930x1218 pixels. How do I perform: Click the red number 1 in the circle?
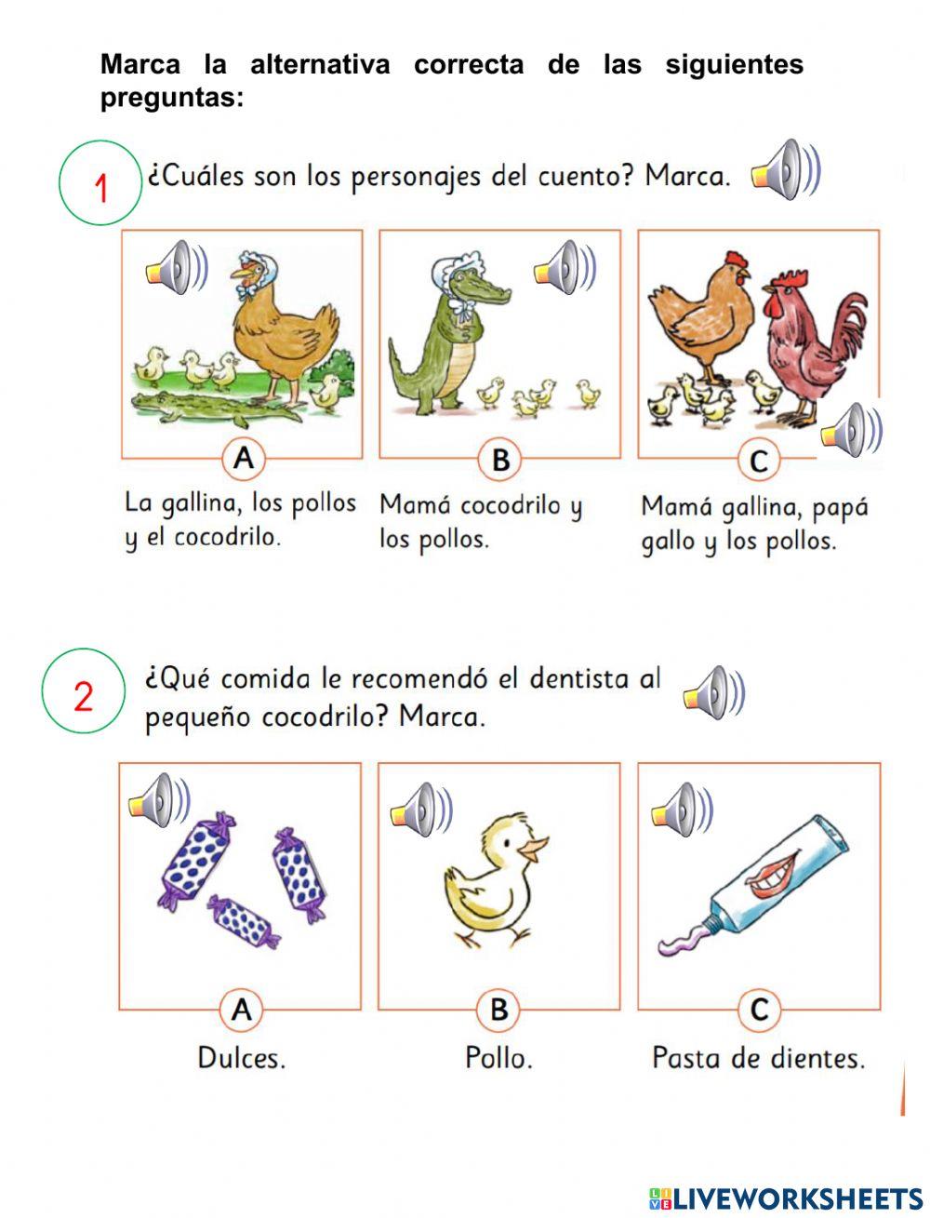[x=101, y=188]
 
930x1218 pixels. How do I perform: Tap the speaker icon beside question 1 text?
[x=784, y=170]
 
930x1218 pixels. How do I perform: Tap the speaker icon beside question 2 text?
[x=712, y=693]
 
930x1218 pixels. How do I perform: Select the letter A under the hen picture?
[x=243, y=459]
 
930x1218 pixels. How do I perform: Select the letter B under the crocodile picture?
[x=500, y=460]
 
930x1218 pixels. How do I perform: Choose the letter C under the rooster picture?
[x=759, y=461]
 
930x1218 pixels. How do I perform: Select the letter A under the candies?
[x=241, y=1010]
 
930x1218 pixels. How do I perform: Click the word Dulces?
[x=241, y=1058]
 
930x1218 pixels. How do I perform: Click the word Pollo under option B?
[x=498, y=1058]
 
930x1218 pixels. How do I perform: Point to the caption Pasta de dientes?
[x=758, y=1058]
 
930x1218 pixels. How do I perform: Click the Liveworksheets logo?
[x=786, y=1197]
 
